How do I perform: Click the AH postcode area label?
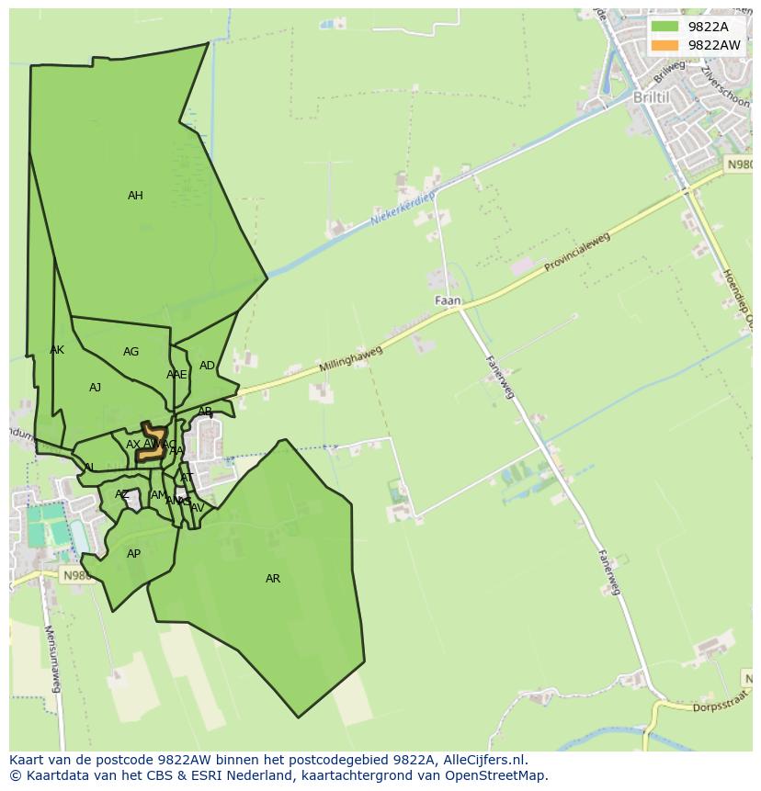[135, 196]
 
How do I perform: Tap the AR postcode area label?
[273, 579]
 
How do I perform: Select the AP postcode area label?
[134, 554]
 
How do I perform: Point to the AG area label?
[131, 352]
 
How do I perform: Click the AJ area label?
[95, 388]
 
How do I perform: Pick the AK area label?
[57, 350]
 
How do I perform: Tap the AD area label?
[207, 366]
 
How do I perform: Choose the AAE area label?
[176, 375]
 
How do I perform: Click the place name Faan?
[448, 300]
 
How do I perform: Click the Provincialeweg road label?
[576, 253]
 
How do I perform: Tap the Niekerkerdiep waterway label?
[402, 209]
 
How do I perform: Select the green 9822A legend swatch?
[664, 27]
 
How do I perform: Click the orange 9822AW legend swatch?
[664, 45]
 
